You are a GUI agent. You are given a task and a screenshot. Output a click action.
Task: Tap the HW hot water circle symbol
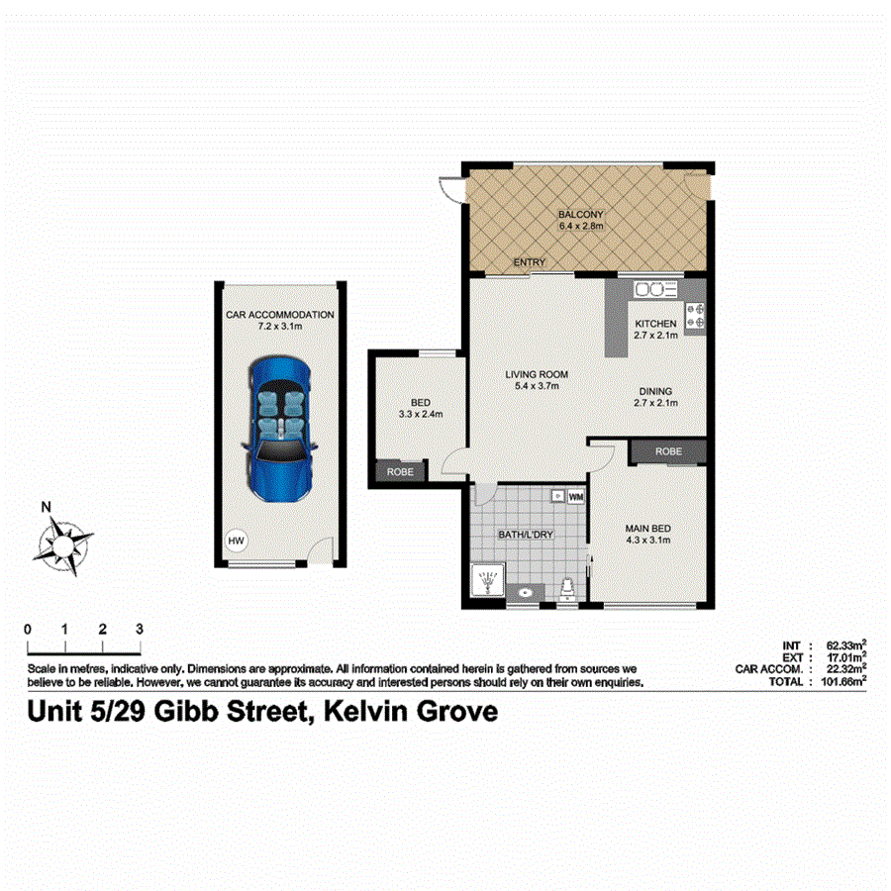tap(236, 542)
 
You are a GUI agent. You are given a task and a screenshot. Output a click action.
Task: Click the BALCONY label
tap(580, 215)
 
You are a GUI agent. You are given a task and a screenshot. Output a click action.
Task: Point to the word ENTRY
tap(530, 262)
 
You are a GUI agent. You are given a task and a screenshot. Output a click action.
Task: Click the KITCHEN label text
tap(655, 324)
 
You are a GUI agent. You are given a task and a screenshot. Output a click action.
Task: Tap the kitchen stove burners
tap(694, 314)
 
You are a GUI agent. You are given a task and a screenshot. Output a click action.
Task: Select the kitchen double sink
tap(654, 289)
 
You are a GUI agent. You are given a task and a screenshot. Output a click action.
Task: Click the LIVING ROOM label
tap(536, 374)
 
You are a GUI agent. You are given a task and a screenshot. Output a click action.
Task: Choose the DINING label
tap(655, 390)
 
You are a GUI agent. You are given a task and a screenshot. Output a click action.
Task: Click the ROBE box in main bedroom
tap(668, 451)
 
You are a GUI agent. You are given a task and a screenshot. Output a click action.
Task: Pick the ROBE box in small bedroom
tap(400, 473)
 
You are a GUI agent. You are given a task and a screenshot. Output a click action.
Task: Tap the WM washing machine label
tap(576, 494)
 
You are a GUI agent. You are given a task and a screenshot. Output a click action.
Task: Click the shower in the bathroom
tap(487, 582)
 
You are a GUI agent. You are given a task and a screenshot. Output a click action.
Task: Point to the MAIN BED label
tap(647, 528)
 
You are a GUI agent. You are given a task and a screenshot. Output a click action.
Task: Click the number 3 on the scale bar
tap(140, 629)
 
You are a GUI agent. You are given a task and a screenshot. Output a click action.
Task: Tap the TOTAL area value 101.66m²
tap(842, 680)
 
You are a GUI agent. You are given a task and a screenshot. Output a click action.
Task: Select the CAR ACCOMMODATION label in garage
tap(280, 315)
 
